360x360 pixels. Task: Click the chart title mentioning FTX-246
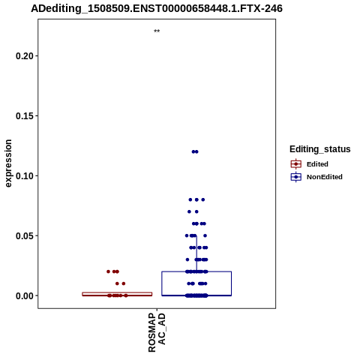pos(157,8)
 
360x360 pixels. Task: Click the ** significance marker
pos(157,31)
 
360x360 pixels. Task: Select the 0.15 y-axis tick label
pos(25,116)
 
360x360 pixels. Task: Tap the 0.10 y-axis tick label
pos(25,176)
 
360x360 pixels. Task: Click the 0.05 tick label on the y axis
pos(25,235)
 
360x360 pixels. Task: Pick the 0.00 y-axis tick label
pos(25,295)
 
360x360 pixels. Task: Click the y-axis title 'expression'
pos(8,163)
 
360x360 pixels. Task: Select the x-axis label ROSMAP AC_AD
pos(157,332)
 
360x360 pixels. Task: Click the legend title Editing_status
pos(320,149)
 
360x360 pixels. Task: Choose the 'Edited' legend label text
pos(317,164)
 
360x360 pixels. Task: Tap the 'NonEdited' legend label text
pos(325,177)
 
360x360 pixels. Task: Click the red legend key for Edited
pos(296,164)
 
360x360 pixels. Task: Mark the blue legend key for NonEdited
pos(296,177)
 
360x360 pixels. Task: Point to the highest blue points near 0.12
pos(195,151)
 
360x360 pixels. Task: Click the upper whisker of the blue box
pos(196,253)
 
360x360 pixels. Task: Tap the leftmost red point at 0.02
pos(108,271)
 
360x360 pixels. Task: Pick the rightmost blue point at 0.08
pos(203,199)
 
